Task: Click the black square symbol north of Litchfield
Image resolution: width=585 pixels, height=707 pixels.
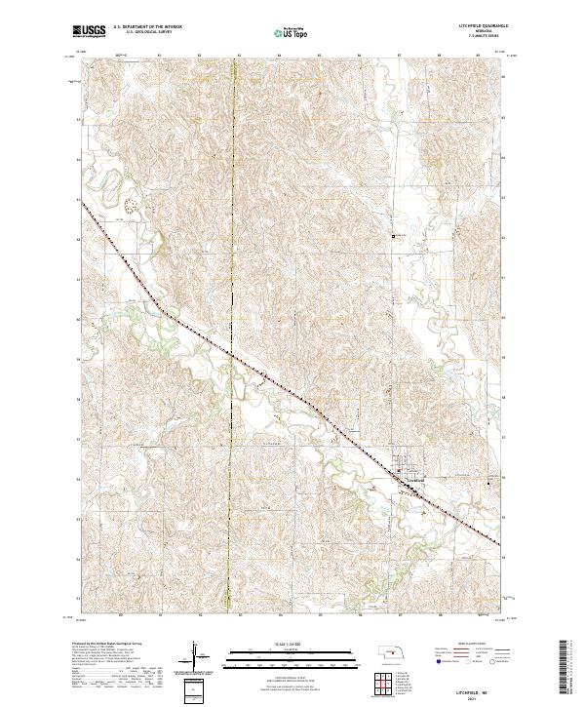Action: tap(394, 235)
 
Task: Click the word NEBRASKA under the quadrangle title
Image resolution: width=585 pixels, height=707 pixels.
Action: tap(478, 32)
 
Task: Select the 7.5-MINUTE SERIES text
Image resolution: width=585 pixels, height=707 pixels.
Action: tap(478, 37)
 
